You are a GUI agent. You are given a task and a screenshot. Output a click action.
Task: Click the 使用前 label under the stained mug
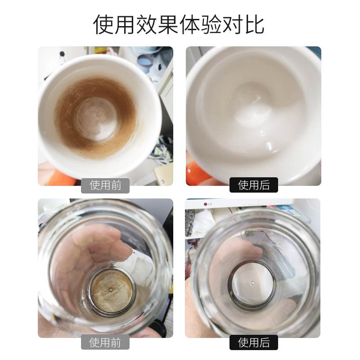(x=105, y=185)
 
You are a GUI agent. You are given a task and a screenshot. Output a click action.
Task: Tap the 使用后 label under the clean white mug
(x=253, y=185)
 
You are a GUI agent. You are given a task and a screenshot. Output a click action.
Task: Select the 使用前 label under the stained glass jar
(x=105, y=342)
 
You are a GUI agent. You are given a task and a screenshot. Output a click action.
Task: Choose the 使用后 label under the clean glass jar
(x=253, y=342)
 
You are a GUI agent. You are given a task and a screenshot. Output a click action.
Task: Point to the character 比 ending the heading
(x=254, y=24)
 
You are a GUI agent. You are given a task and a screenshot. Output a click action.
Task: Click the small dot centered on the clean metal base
(x=252, y=283)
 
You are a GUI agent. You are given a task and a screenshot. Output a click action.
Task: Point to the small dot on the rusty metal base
(x=110, y=287)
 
